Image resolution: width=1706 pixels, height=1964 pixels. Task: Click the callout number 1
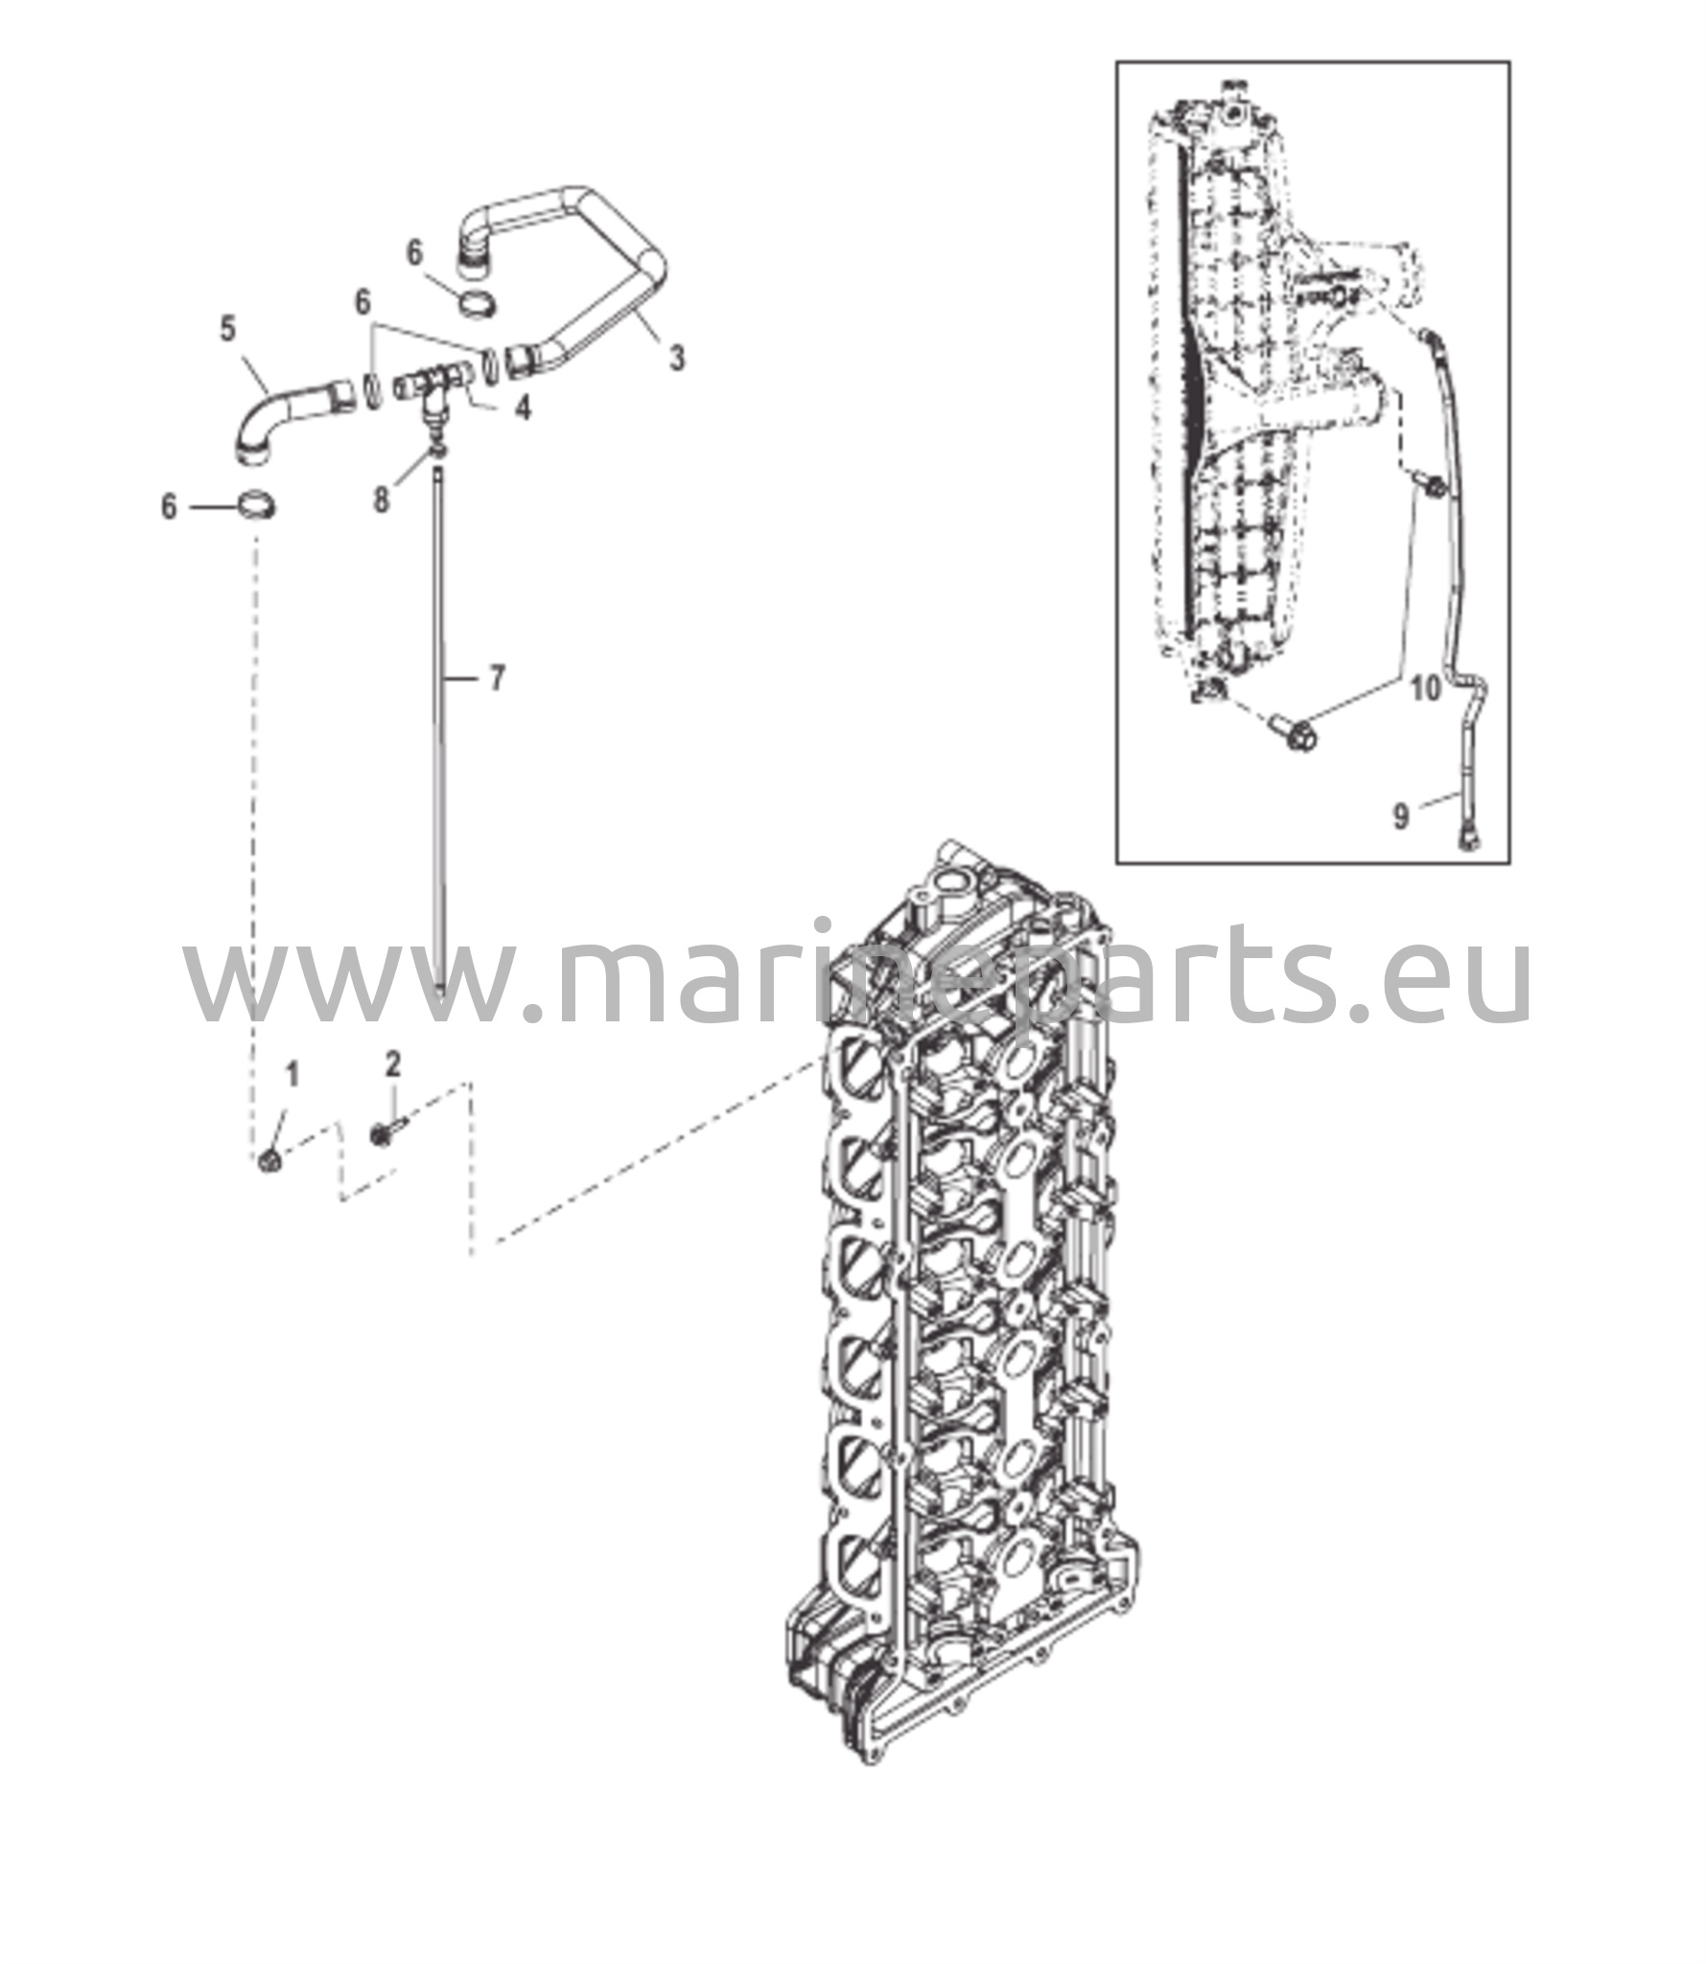click(x=292, y=1074)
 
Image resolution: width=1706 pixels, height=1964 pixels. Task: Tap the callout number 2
click(x=392, y=1064)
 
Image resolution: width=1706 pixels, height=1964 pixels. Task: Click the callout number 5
click(x=227, y=328)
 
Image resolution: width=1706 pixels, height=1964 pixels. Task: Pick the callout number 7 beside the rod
click(x=496, y=679)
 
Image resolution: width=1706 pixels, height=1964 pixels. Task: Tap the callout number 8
click(x=382, y=499)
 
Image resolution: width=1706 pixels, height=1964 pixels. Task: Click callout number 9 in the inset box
click(x=1400, y=817)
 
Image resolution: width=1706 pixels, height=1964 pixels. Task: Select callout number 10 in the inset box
click(x=1426, y=688)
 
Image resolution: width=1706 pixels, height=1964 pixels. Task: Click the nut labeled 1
click(x=269, y=1161)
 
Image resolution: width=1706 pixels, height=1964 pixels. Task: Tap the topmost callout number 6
click(x=414, y=252)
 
